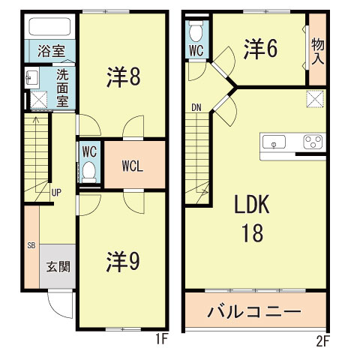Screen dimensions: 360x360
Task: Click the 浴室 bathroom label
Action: pos(50,52)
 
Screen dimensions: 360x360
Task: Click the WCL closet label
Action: pos(133,166)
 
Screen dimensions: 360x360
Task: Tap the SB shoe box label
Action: pos(31,245)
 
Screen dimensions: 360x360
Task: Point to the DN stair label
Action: pos(196,106)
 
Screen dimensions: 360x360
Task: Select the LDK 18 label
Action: pos(252,219)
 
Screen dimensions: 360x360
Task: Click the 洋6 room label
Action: pos(259,49)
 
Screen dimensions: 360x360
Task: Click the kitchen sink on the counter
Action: pos(275,142)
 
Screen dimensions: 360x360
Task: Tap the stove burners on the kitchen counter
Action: pos(312,142)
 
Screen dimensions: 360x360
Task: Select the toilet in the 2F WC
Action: pos(196,32)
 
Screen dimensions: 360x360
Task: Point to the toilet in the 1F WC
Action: pos(89,169)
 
